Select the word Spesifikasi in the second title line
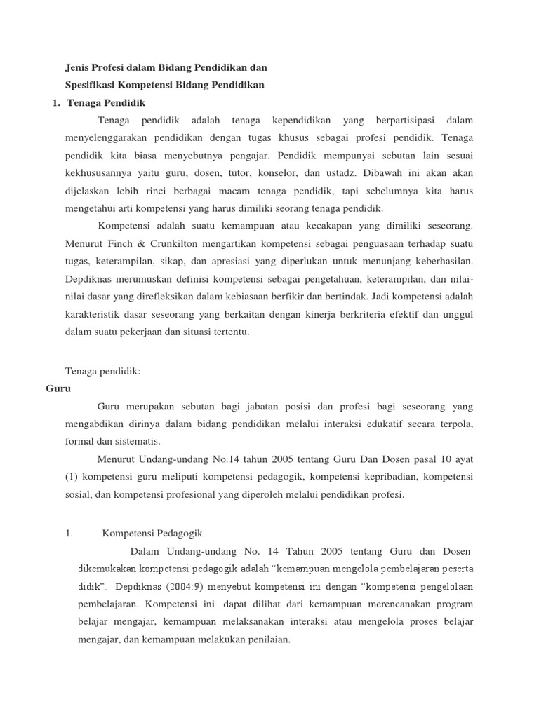pos(87,86)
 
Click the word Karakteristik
pos(93,316)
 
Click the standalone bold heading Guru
pos(59,388)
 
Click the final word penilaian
pos(266,639)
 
